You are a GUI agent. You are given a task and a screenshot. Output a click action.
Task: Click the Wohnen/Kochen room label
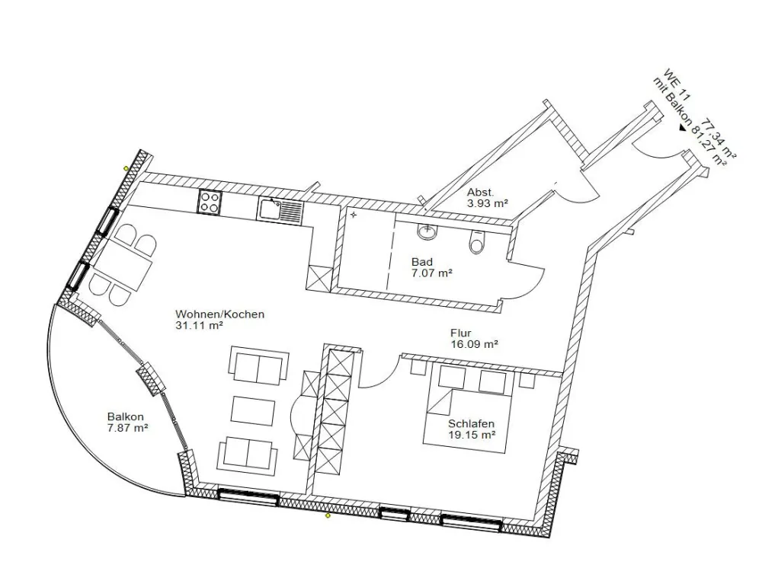point(219,314)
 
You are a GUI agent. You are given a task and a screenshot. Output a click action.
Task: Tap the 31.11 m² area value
point(199,326)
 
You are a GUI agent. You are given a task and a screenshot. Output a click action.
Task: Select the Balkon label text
point(126,416)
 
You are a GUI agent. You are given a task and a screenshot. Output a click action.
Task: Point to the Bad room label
point(422,262)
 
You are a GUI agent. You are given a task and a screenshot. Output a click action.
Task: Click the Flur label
point(461,333)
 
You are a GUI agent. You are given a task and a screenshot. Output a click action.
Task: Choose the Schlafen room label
point(471,424)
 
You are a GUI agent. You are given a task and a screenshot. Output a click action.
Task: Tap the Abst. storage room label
point(481,193)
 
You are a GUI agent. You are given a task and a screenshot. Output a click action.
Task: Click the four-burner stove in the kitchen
point(210,202)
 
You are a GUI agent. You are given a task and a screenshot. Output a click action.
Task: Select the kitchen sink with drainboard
point(280,211)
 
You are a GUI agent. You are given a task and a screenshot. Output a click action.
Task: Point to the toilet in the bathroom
point(476,242)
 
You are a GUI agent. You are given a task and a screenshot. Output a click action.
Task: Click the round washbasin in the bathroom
point(427,232)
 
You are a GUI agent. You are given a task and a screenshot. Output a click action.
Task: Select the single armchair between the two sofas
point(253,410)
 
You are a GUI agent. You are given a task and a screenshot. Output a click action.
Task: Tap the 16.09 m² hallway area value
point(474,344)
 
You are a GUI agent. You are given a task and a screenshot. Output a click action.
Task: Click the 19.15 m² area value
point(472,435)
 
